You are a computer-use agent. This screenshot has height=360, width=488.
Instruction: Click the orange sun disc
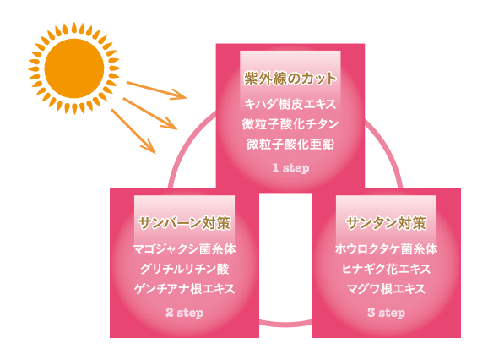coord(74,68)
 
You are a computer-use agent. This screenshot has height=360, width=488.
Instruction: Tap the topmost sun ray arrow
coord(157,90)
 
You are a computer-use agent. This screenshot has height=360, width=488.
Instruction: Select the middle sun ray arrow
coord(150,114)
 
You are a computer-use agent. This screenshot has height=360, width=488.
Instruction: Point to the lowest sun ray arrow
coord(133,131)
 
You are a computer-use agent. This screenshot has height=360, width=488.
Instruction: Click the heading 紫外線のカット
coord(290,78)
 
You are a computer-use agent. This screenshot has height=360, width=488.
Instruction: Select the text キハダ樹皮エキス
coord(290,104)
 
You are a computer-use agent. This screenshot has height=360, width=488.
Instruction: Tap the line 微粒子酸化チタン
coord(290,124)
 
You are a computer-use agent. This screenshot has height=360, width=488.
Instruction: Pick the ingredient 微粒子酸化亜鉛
coord(290,144)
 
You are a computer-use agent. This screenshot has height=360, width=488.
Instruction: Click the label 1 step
coord(290,168)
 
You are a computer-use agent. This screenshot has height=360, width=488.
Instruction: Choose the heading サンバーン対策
coord(184,223)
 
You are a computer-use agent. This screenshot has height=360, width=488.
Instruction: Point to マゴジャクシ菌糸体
coord(184,249)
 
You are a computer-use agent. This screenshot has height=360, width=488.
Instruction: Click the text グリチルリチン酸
coord(184,269)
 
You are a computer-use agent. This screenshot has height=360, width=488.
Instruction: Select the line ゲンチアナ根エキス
coord(184,289)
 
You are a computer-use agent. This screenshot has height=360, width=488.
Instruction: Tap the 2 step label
coord(185,313)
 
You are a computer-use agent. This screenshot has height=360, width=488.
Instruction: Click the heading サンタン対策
coord(386,223)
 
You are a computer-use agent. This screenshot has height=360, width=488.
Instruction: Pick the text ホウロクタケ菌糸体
coord(386,249)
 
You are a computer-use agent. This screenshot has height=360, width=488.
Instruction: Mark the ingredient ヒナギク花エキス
coord(386,269)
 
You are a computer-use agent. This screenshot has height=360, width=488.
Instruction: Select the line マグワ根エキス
coord(386,289)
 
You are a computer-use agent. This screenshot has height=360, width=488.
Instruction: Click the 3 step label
coord(386,313)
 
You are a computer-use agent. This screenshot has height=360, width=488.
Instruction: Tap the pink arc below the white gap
coord(285,325)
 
